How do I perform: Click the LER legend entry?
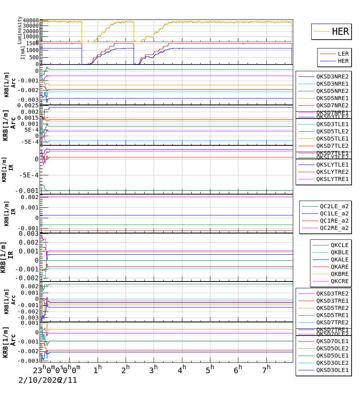click(343, 54)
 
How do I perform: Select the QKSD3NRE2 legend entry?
click(332, 76)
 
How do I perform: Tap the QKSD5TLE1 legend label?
click(332, 139)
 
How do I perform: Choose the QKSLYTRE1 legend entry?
click(332, 179)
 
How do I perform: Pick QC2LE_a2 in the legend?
click(334, 207)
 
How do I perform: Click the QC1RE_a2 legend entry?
click(334, 221)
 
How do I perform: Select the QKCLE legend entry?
click(339, 245)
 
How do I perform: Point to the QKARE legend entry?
click(339, 267)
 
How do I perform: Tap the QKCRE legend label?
click(339, 281)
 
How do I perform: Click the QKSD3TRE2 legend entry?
click(332, 293)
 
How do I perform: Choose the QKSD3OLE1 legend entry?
click(332, 370)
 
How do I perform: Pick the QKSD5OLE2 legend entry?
click(332, 348)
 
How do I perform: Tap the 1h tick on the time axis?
click(98, 369)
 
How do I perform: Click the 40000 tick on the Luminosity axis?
click(31, 21)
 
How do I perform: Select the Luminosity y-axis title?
click(20, 30)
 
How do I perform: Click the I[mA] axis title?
click(23, 53)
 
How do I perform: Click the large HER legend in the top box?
click(340, 32)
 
